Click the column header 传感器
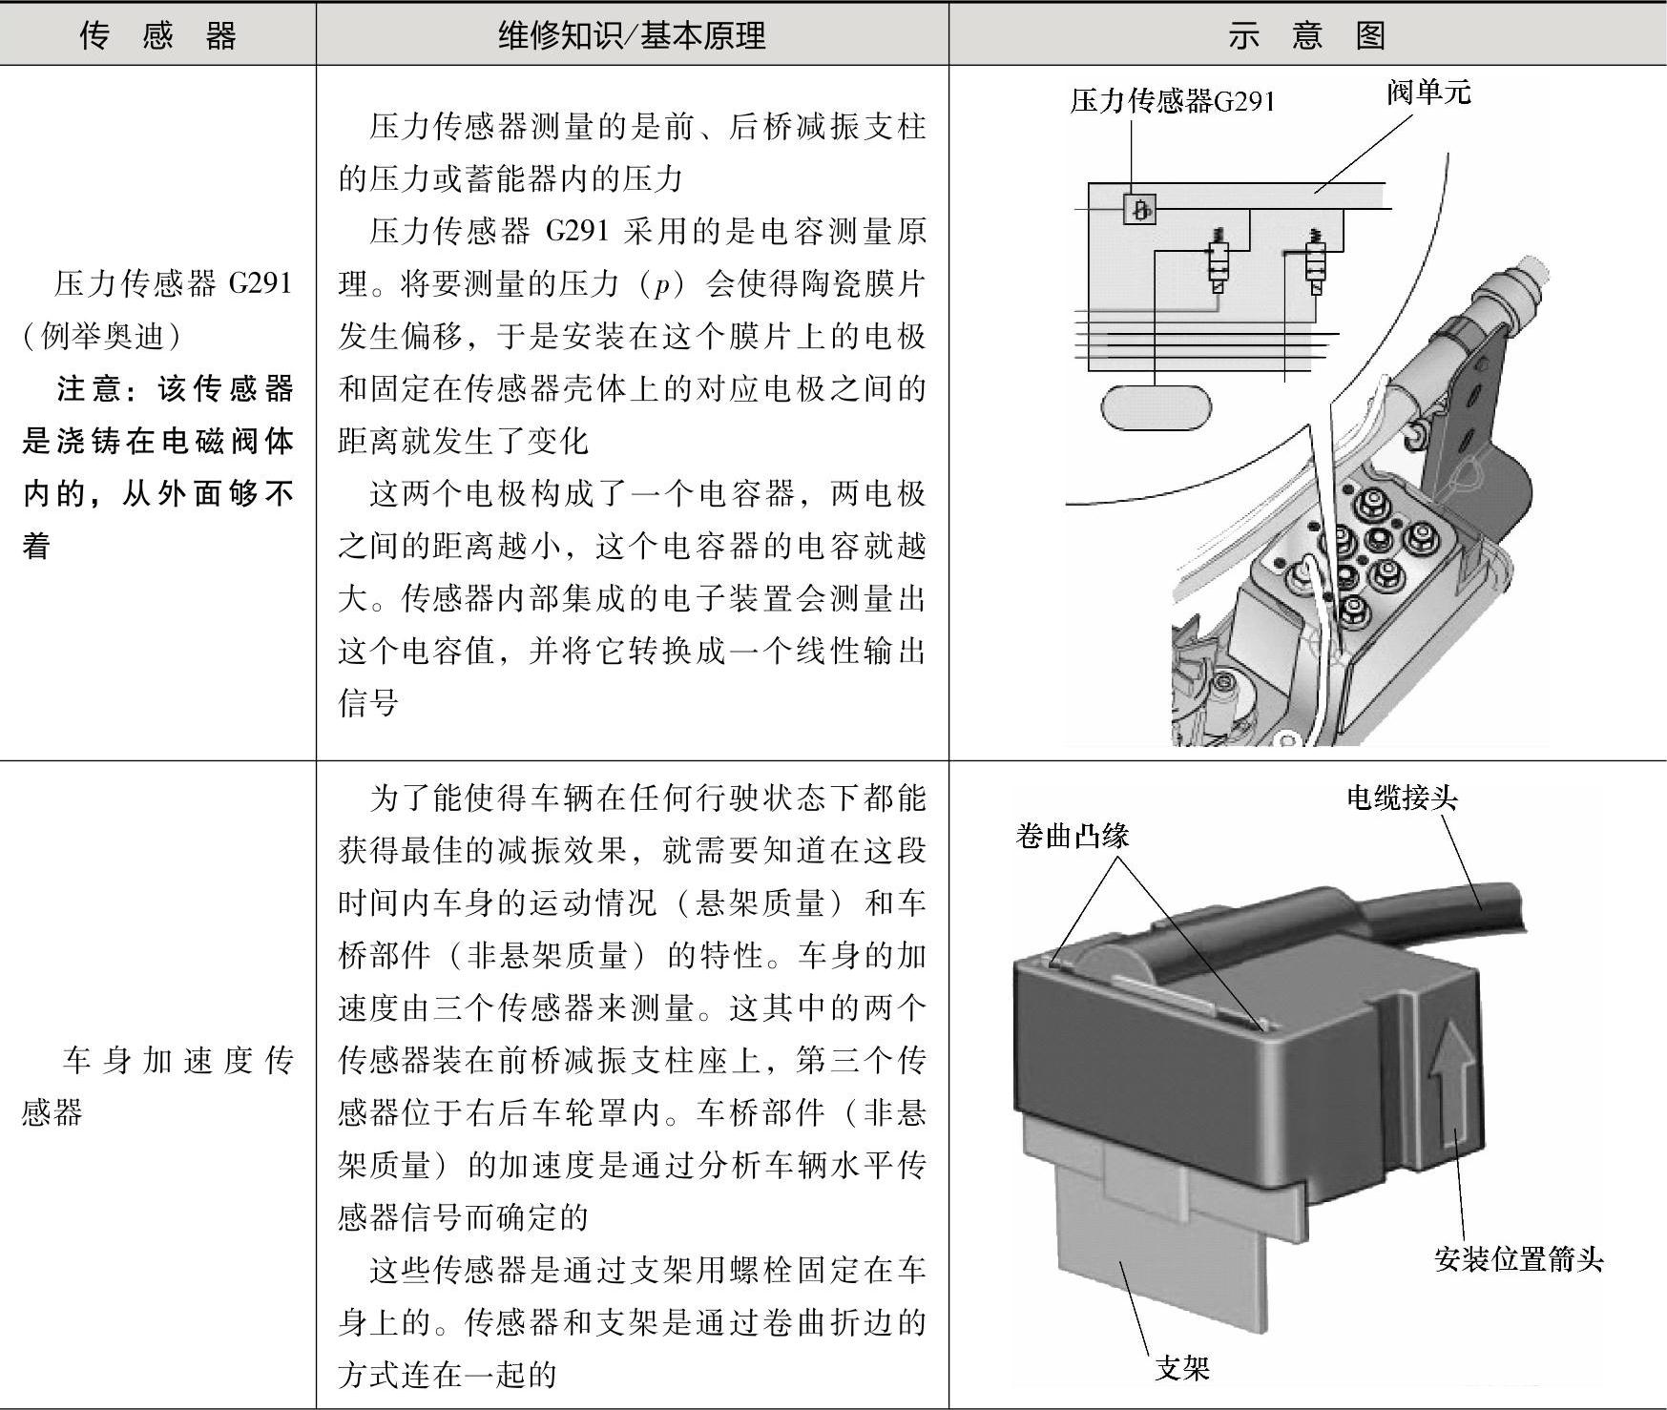point(157,35)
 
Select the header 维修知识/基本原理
point(632,35)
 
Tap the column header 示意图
point(1306,35)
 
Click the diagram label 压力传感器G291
point(1172,101)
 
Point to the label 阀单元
point(1428,93)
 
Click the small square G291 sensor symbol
point(1138,208)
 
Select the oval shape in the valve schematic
point(1156,406)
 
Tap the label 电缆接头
point(1402,798)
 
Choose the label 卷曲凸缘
point(1073,836)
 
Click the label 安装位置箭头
point(1519,1259)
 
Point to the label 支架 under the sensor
point(1182,1368)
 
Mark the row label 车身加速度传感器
point(157,1086)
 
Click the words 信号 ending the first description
point(368,703)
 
